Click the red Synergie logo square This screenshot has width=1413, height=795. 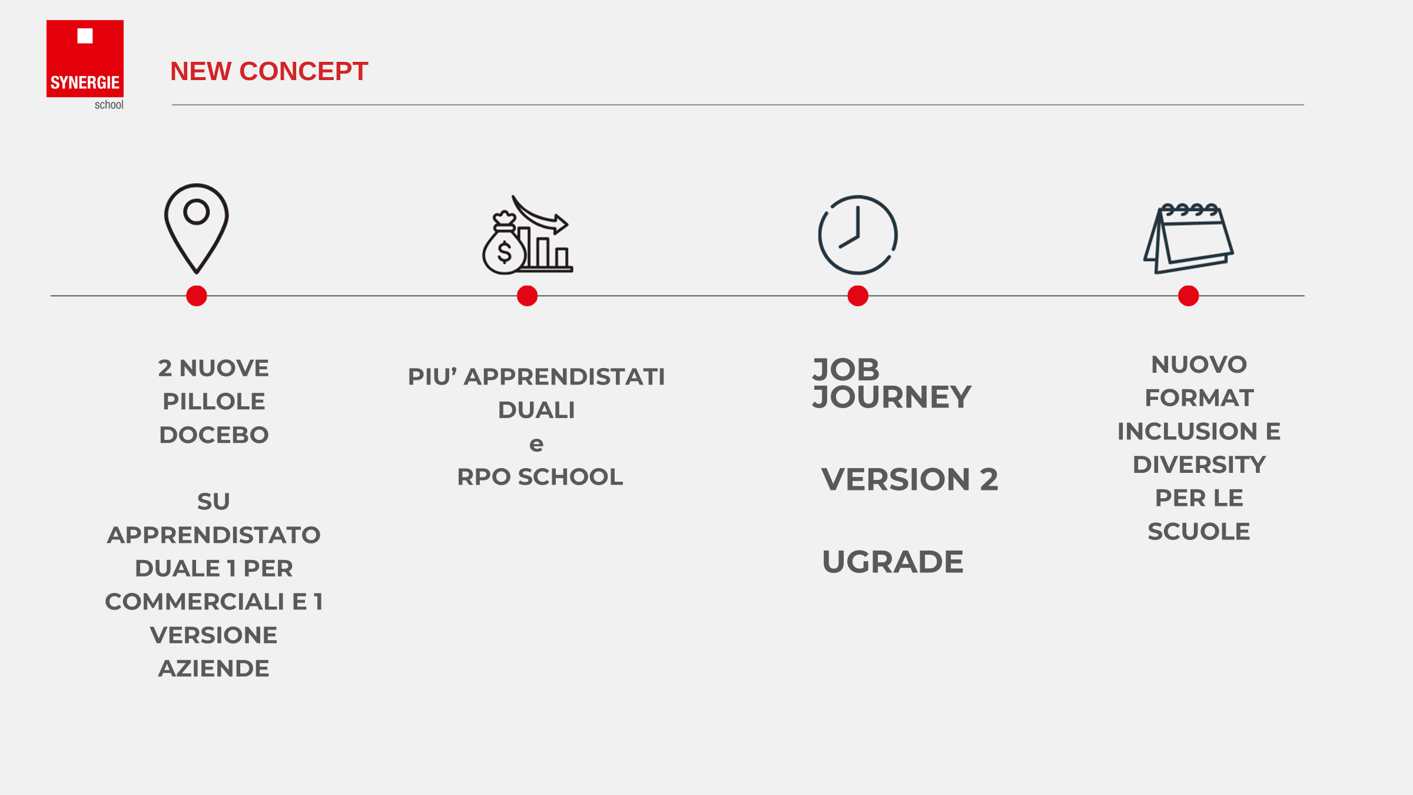tap(85, 58)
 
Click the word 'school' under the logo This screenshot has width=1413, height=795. tap(109, 105)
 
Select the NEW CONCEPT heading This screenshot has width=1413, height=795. tap(269, 71)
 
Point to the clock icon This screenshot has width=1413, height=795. tap(858, 235)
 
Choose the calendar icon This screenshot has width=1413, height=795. tap(1188, 238)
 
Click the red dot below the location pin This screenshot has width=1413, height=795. tap(197, 296)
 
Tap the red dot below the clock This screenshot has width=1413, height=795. tap(858, 296)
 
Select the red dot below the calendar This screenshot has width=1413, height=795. tap(1189, 296)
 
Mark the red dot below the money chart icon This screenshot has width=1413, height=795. tap(527, 296)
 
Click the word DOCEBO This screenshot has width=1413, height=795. tap(214, 435)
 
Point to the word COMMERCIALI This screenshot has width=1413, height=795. tap(195, 602)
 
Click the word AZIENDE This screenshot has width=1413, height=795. tap(214, 668)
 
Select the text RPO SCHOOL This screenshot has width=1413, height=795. tap(540, 477)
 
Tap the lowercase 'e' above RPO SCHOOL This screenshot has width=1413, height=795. tap(536, 445)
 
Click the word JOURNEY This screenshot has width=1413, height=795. tap(891, 397)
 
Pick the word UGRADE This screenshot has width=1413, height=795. tap(893, 562)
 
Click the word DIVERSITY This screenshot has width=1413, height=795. tap(1199, 465)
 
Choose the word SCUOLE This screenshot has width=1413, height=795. tap(1199, 532)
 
